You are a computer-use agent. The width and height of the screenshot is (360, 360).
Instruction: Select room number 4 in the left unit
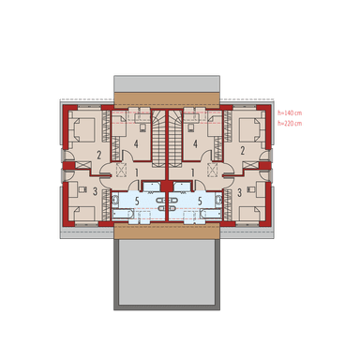tap(137, 143)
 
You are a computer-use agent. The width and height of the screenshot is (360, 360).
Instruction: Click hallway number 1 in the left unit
tap(136, 173)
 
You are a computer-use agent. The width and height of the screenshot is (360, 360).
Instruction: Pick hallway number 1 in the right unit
tap(192, 173)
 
